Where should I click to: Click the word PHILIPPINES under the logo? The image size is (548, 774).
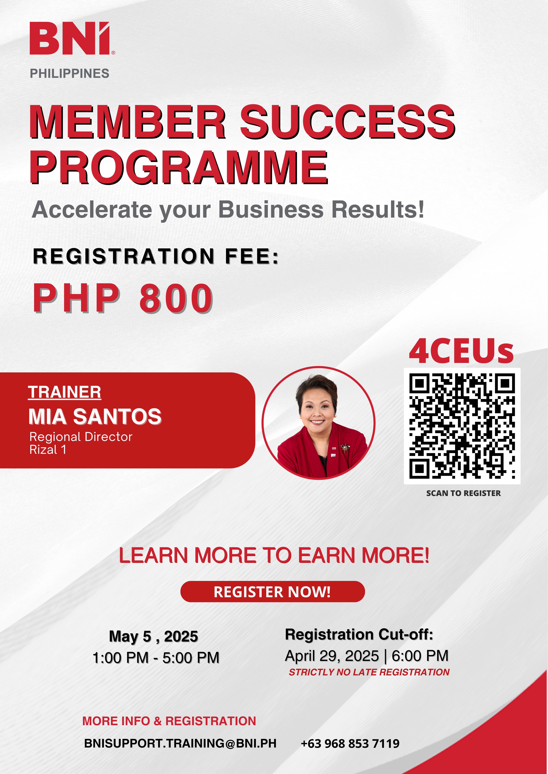coord(69,73)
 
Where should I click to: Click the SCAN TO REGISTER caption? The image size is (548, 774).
coord(463,493)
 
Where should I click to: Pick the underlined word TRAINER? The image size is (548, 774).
coord(64,392)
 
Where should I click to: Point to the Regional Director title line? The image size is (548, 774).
coord(81,437)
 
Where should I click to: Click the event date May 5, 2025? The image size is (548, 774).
coord(154,637)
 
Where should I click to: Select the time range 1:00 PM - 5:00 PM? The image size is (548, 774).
coord(156,658)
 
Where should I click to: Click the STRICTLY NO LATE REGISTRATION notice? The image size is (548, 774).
coord(369,672)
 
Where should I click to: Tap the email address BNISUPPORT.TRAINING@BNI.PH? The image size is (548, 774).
coord(180,743)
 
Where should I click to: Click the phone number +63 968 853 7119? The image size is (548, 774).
coord(350,743)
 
